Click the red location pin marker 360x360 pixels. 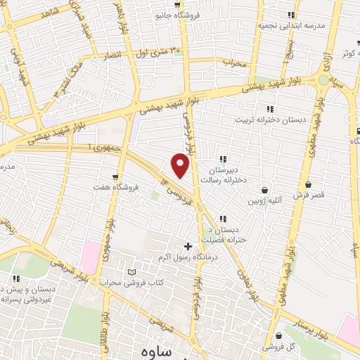181,166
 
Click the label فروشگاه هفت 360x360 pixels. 117,188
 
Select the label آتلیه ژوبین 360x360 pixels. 265,200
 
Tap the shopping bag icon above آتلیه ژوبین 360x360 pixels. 265,189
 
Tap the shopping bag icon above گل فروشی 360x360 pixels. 280,335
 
